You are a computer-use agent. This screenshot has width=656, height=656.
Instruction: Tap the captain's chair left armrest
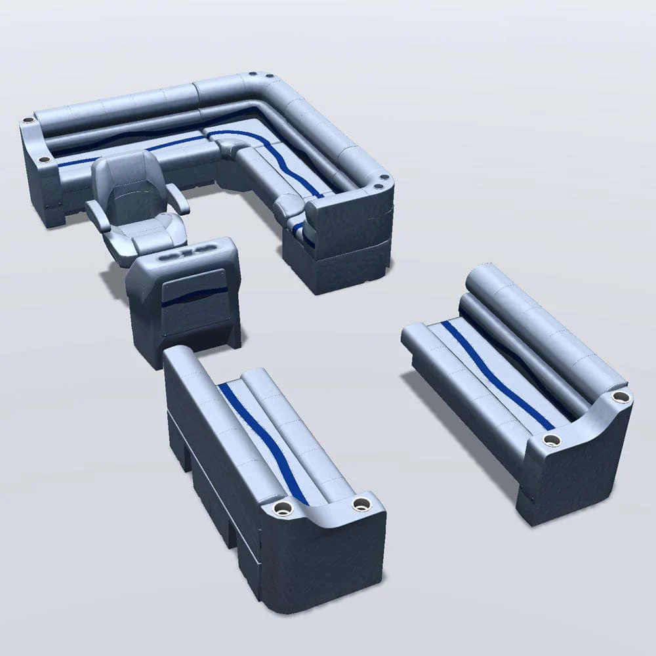98,214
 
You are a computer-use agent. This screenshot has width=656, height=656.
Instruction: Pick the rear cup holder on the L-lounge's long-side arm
28,121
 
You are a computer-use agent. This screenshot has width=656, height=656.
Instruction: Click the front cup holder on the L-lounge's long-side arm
43,159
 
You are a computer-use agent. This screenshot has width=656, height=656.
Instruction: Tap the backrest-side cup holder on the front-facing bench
619,397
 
